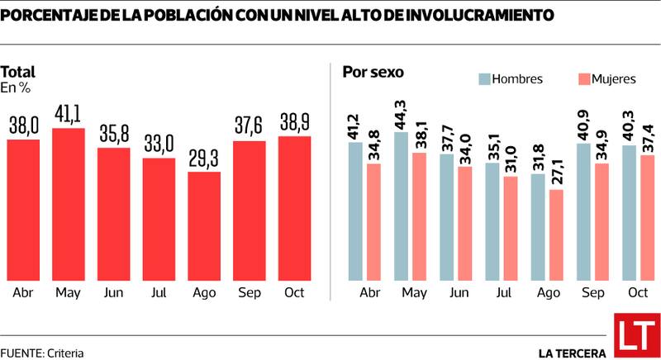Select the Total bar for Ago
[x=204, y=226]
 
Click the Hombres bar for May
[x=402, y=206]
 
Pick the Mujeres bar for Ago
[x=557, y=235]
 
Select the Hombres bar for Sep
[x=582, y=211]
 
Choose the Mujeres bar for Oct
[x=648, y=217]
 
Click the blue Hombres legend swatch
[x=484, y=79]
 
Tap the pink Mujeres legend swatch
[x=583, y=79]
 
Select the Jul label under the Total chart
[x=159, y=293]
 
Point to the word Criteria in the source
[x=65, y=353]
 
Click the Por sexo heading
[x=373, y=72]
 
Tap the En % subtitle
[x=15, y=87]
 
